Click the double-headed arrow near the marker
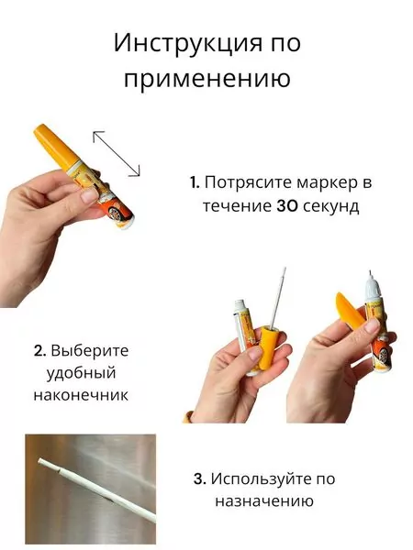point(116,152)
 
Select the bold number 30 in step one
point(287,205)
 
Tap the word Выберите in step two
point(90,350)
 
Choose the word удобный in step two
point(78,372)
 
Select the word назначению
point(264,501)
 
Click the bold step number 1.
point(194,181)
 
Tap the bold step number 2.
point(39,350)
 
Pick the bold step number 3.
point(199,478)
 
